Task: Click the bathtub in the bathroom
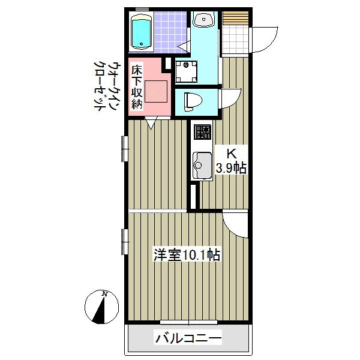142,32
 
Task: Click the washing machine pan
186,71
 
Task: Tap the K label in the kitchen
232,154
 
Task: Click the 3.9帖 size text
232,169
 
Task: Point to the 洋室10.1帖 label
187,254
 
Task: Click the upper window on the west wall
125,148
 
